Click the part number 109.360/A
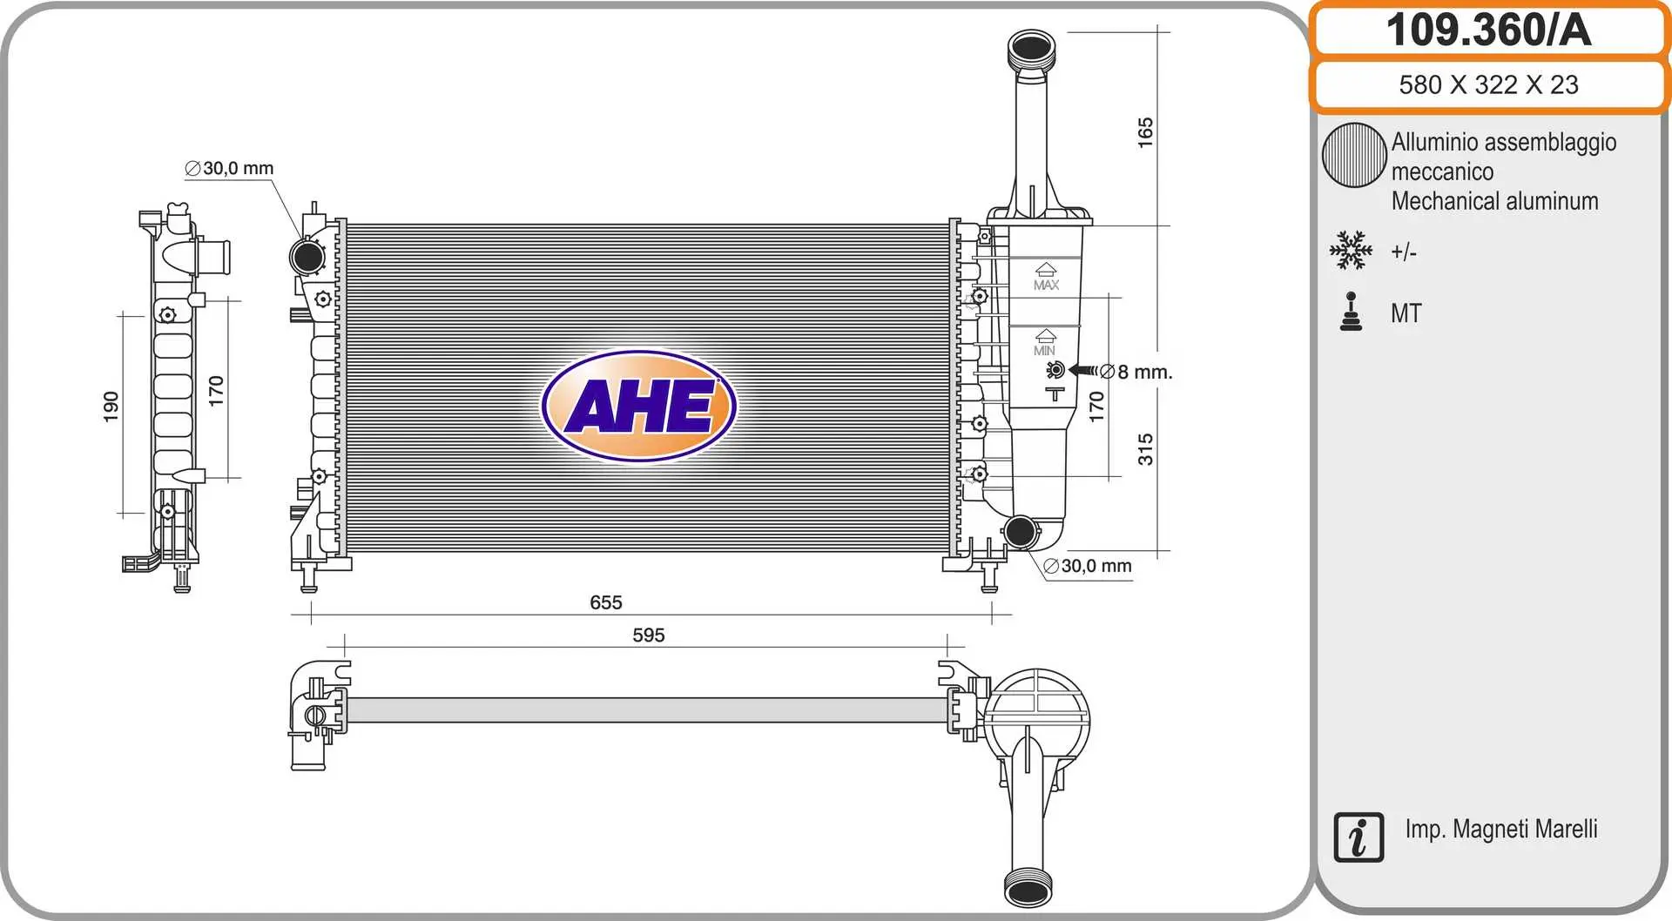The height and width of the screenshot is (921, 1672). (1488, 30)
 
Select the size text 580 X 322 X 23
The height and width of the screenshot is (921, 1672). (1488, 84)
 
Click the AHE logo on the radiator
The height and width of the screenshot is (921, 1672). (639, 406)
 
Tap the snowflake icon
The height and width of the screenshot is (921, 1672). (1351, 250)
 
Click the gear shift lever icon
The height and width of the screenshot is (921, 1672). (1351, 312)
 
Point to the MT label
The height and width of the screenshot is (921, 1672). (1406, 313)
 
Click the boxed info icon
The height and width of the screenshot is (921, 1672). (1358, 837)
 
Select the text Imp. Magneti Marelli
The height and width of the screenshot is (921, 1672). (1501, 829)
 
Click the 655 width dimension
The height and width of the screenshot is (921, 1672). (606, 602)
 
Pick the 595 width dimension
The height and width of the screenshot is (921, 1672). (649, 635)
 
